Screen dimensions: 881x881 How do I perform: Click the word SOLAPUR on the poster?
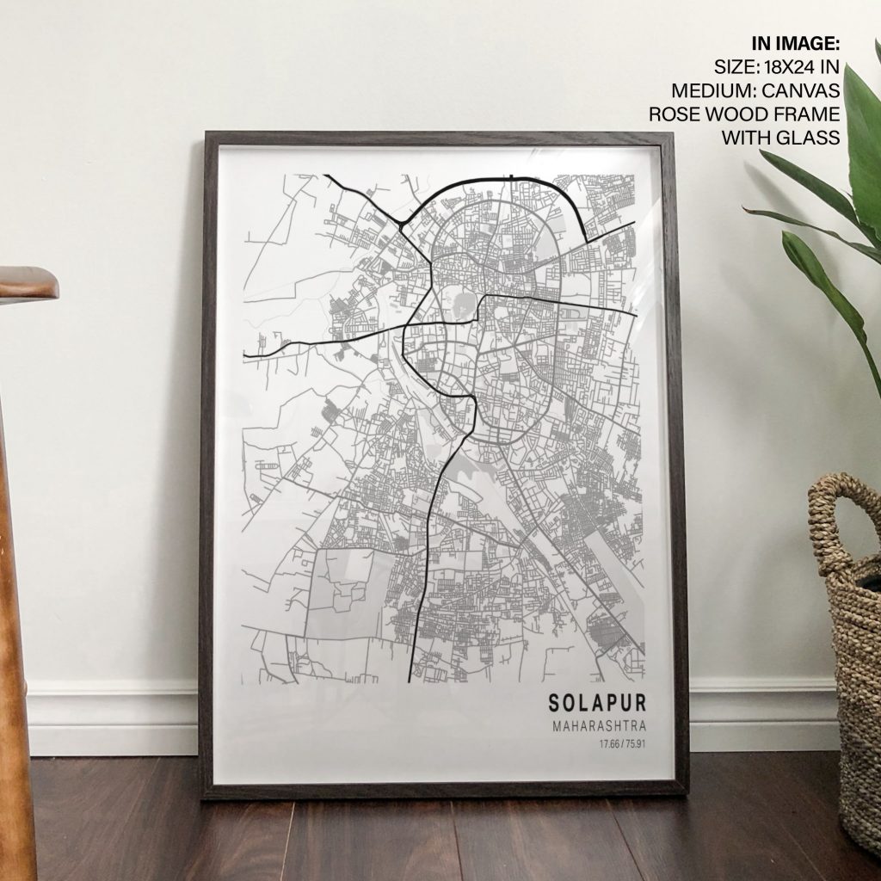click(x=597, y=703)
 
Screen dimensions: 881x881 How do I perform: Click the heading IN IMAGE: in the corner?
click(x=796, y=43)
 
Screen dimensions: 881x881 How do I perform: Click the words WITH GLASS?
click(x=780, y=138)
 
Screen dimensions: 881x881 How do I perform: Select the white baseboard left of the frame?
click(x=112, y=718)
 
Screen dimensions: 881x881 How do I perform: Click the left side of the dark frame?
click(x=207, y=465)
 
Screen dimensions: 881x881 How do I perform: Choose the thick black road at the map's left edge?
click(x=258, y=353)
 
